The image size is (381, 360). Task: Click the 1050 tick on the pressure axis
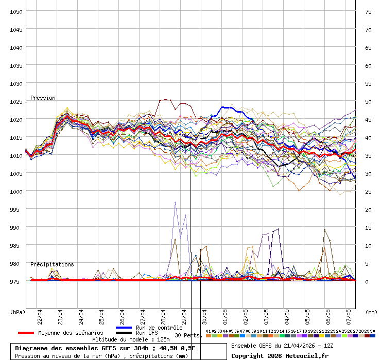[15, 11]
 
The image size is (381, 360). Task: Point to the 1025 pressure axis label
[15, 101]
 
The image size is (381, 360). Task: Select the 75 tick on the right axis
[368, 11]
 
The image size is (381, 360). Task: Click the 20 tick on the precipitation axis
[368, 209]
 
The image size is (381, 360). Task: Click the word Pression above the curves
[43, 98]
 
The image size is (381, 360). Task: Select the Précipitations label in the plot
[52, 264]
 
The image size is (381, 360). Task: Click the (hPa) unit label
[18, 312]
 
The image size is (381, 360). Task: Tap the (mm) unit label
[371, 312]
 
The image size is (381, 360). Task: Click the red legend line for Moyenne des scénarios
[26, 333]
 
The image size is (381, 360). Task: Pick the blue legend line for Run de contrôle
[124, 328]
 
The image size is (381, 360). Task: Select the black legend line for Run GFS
[124, 333]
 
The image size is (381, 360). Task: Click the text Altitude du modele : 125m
[131, 339]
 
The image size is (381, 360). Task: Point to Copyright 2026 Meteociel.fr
[279, 355]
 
